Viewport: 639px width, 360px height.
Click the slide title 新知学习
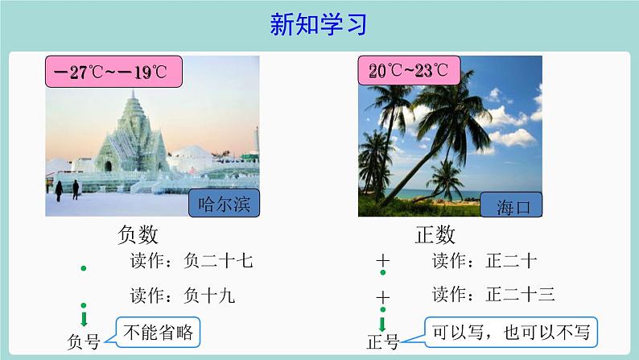coord(319,25)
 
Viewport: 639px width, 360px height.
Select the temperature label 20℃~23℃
coord(407,70)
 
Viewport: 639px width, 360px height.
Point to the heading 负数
coord(138,234)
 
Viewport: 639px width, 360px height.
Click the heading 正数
coord(435,234)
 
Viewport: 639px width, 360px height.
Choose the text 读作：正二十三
coord(493,295)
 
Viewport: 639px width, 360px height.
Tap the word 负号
coord(84,341)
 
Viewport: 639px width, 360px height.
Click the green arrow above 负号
coord(84,317)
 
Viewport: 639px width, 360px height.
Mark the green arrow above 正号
coord(383,320)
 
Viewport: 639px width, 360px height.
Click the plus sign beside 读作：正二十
coord(383,261)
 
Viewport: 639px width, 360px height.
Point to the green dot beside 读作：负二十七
coord(84,267)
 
